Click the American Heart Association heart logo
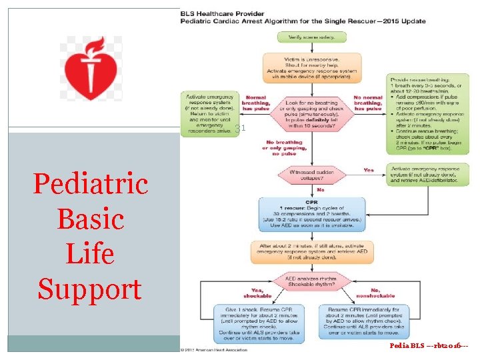coord(91,69)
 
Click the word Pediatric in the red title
coord(90,183)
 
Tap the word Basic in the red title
coord(90,219)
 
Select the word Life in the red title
coord(90,254)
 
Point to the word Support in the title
coord(90,289)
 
